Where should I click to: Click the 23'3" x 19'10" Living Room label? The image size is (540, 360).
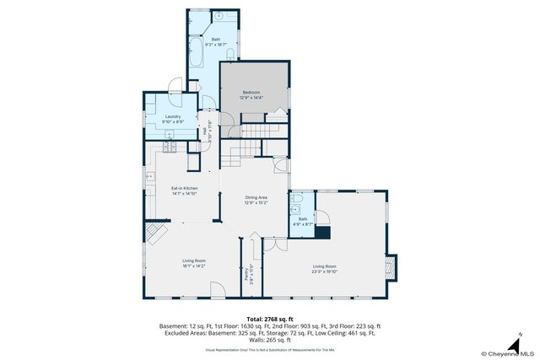click(x=325, y=268)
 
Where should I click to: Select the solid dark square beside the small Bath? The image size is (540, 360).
click(x=321, y=232)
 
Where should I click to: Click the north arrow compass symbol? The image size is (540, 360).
click(x=512, y=346)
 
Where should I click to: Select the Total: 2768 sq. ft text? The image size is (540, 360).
click(x=269, y=317)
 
